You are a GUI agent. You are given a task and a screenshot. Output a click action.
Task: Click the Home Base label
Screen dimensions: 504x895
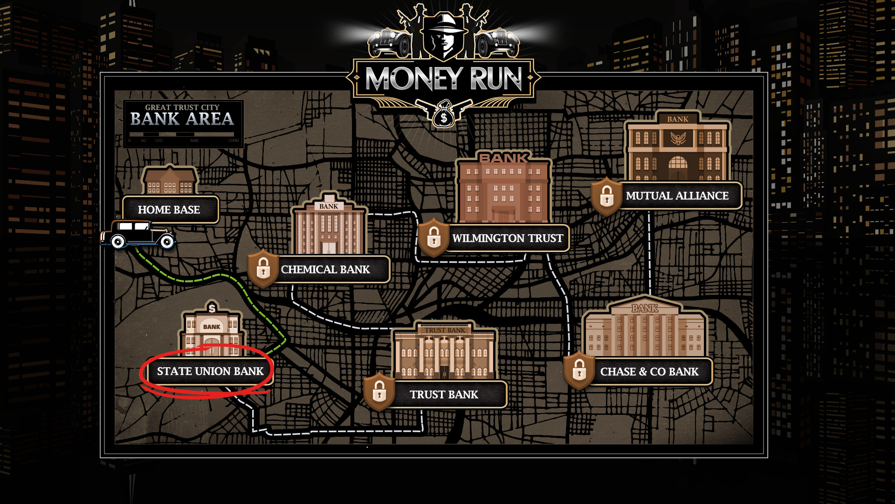[169, 210]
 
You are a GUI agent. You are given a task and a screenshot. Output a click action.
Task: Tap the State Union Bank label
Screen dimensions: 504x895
[210, 371]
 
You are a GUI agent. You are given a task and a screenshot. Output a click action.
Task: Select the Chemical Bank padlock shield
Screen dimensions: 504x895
[263, 269]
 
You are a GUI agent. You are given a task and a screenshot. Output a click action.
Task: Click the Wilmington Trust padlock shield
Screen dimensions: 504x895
[434, 238]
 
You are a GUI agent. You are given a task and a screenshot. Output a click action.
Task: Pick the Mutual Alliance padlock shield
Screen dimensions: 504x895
[606, 196]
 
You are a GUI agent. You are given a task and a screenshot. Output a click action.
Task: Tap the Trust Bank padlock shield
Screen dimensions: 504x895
[379, 392]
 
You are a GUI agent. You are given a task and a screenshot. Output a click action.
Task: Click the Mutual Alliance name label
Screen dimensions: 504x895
[677, 196]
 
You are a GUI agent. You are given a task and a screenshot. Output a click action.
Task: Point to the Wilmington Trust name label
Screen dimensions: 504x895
[507, 238]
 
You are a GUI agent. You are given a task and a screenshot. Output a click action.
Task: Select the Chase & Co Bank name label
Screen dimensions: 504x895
[649, 372]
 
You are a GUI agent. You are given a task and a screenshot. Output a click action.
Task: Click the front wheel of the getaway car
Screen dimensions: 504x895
[166, 241]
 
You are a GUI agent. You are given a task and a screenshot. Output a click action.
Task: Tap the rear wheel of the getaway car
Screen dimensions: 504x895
[118, 241]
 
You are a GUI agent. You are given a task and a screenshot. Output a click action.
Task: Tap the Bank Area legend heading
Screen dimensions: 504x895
[182, 119]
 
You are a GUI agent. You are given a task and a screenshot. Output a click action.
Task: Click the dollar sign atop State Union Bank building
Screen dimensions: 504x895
[212, 308]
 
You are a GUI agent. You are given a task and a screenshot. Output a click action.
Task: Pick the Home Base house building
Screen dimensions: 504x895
[170, 181]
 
